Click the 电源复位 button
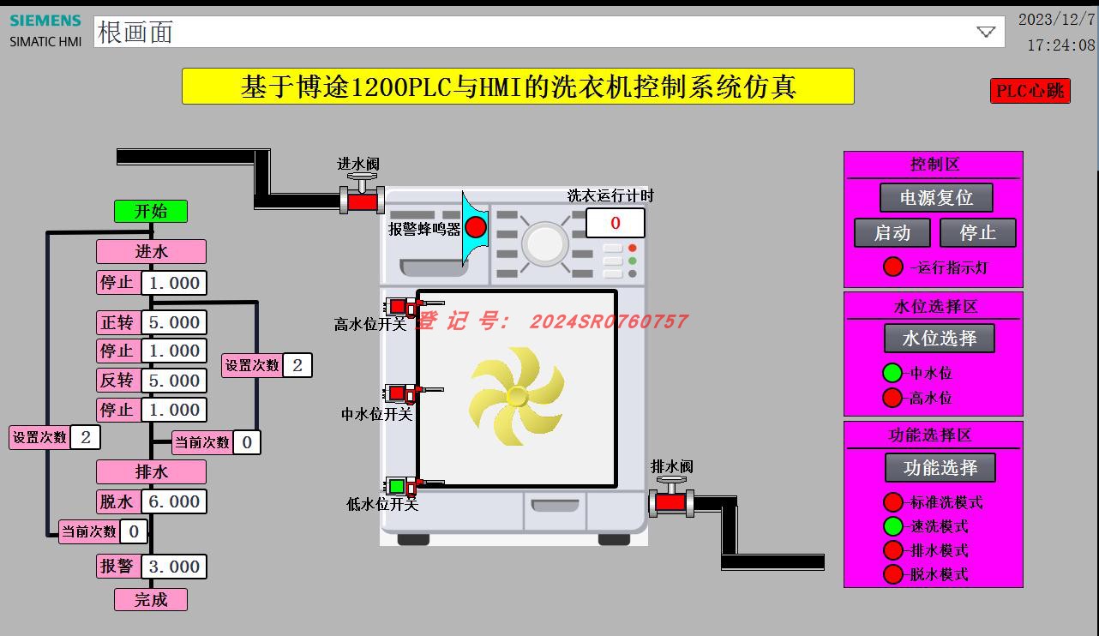coord(936,197)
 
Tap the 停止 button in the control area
coord(977,232)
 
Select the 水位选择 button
coord(939,338)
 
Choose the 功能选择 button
coord(940,467)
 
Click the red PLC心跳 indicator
coord(1030,90)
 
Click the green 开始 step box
coord(151,211)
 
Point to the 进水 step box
coord(151,251)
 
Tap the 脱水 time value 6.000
coord(174,501)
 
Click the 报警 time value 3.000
coord(174,567)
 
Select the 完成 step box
coord(151,599)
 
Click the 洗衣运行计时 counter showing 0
coord(615,223)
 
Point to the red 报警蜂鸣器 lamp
coord(476,227)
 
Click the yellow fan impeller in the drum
coord(517,395)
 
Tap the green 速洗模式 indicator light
coord(893,526)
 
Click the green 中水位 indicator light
coord(892,373)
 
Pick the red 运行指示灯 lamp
coord(893,267)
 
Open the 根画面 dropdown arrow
coord(986,32)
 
